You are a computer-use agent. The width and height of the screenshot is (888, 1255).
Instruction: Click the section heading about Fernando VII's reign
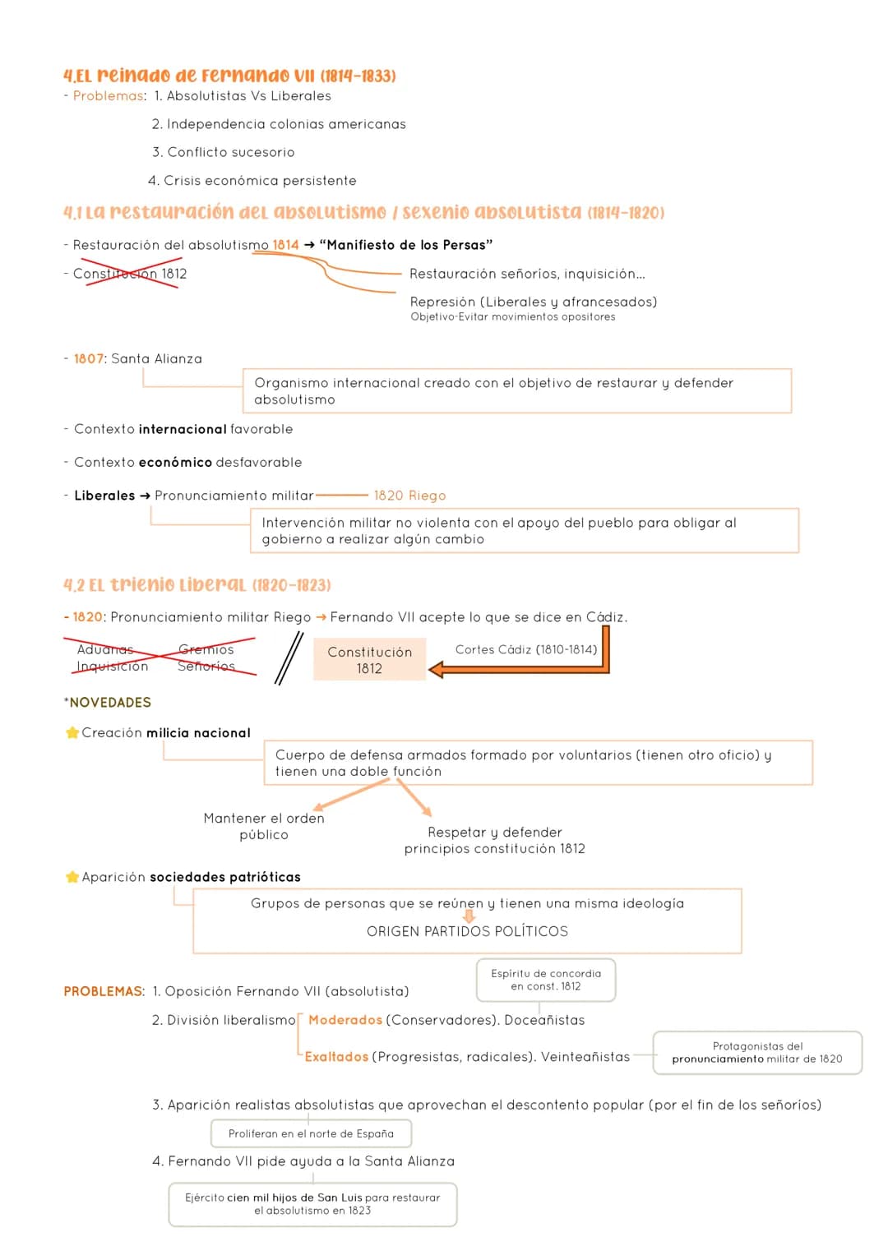230,75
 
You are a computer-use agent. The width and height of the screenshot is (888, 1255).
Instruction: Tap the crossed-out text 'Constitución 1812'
130,274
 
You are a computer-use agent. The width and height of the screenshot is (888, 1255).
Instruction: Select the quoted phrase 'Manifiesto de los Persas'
406,245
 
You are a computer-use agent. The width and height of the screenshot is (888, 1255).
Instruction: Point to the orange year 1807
89,358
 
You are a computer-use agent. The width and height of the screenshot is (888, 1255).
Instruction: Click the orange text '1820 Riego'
409,496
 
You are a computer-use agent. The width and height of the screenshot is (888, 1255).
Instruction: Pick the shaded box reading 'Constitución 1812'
369,659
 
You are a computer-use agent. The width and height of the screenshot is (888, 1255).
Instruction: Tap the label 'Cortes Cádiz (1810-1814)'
526,649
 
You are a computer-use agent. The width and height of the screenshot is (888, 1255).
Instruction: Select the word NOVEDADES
110,702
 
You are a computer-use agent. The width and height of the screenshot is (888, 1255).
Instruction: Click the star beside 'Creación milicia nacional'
72,732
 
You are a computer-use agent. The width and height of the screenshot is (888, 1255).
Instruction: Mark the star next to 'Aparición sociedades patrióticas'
72,876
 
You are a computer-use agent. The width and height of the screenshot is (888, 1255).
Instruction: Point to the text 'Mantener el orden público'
264,826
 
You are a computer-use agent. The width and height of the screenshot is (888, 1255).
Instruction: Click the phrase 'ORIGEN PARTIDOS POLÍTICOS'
467,931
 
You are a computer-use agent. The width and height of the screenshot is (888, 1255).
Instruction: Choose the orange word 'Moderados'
345,1020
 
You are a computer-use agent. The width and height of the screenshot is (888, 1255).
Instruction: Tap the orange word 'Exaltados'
336,1057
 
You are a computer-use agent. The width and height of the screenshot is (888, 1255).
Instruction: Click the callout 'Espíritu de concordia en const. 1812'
546,980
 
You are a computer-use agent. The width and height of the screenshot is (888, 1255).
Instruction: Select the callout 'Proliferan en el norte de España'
311,1133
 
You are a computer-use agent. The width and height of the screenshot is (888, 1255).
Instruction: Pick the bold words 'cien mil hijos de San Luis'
295,1197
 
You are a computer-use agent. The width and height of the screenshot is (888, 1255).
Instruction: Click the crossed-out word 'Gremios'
206,649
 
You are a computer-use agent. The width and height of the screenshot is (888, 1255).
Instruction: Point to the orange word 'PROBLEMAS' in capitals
103,991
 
